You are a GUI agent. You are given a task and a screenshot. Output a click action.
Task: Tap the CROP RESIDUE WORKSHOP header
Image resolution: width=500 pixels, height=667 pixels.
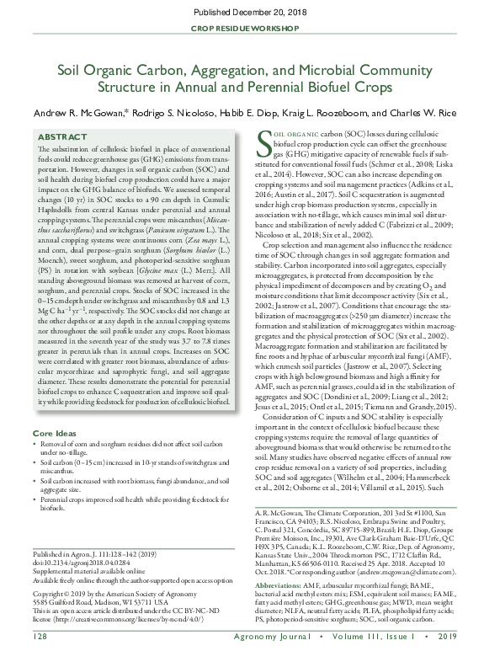(x=250, y=29)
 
